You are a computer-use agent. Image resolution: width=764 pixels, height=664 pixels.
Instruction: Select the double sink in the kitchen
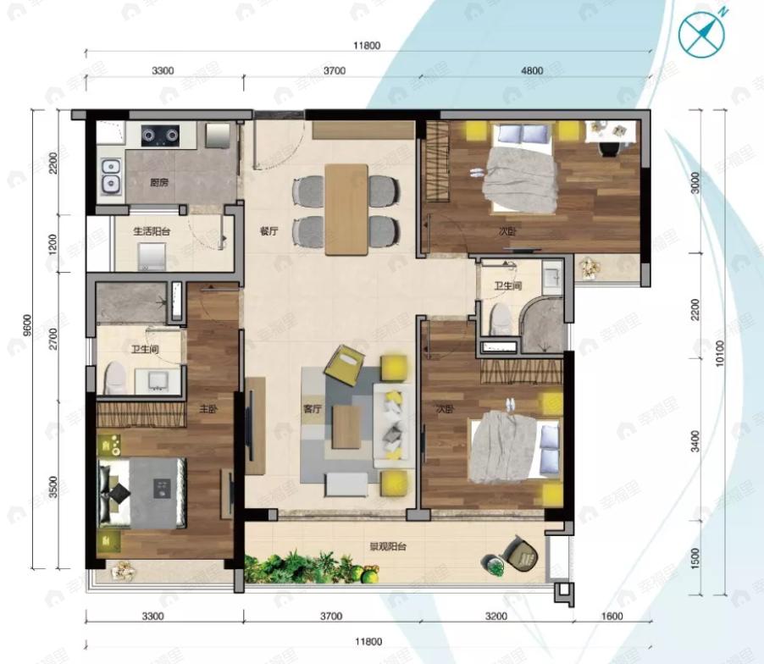(109, 176)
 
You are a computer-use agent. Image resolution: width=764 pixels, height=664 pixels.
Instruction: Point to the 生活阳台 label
(152, 231)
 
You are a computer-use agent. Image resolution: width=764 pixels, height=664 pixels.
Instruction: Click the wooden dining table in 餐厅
(346, 208)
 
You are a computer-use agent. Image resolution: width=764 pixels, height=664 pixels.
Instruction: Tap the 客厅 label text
(313, 408)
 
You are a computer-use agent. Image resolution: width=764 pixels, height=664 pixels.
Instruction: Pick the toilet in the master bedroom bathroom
(114, 379)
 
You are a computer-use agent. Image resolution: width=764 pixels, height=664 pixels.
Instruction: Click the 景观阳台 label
(385, 547)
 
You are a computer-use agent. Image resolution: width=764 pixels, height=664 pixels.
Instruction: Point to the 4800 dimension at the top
(532, 71)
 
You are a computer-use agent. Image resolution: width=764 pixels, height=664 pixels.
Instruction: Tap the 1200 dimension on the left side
(53, 245)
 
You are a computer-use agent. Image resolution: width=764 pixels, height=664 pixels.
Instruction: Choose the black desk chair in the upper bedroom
(608, 147)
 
